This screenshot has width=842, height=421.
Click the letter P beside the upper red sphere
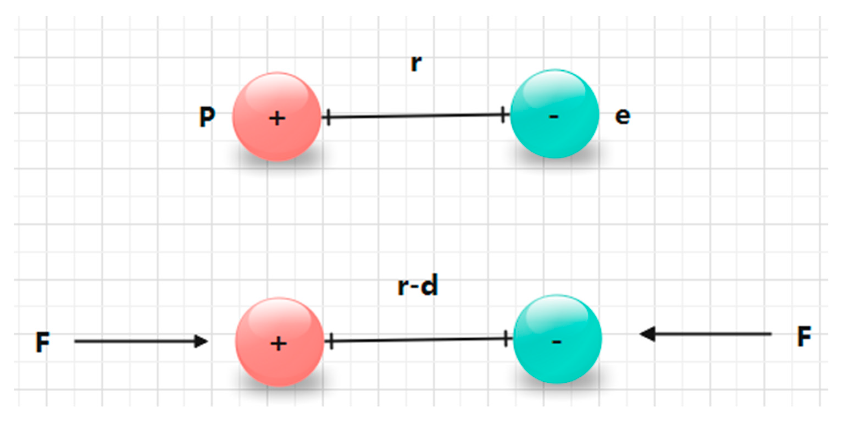207,117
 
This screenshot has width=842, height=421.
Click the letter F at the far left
43,342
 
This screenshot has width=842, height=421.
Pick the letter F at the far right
804,336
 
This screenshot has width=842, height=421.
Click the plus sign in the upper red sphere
277,118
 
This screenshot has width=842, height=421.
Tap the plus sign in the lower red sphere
279,344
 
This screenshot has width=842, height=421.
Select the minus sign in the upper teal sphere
553,116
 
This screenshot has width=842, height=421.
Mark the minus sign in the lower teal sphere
557,342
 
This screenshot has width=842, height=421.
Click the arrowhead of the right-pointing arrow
201,341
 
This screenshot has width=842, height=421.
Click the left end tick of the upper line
329,117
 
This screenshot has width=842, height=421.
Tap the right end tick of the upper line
503,115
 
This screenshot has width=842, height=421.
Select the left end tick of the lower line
331,342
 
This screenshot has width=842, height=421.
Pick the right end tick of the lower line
506,339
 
